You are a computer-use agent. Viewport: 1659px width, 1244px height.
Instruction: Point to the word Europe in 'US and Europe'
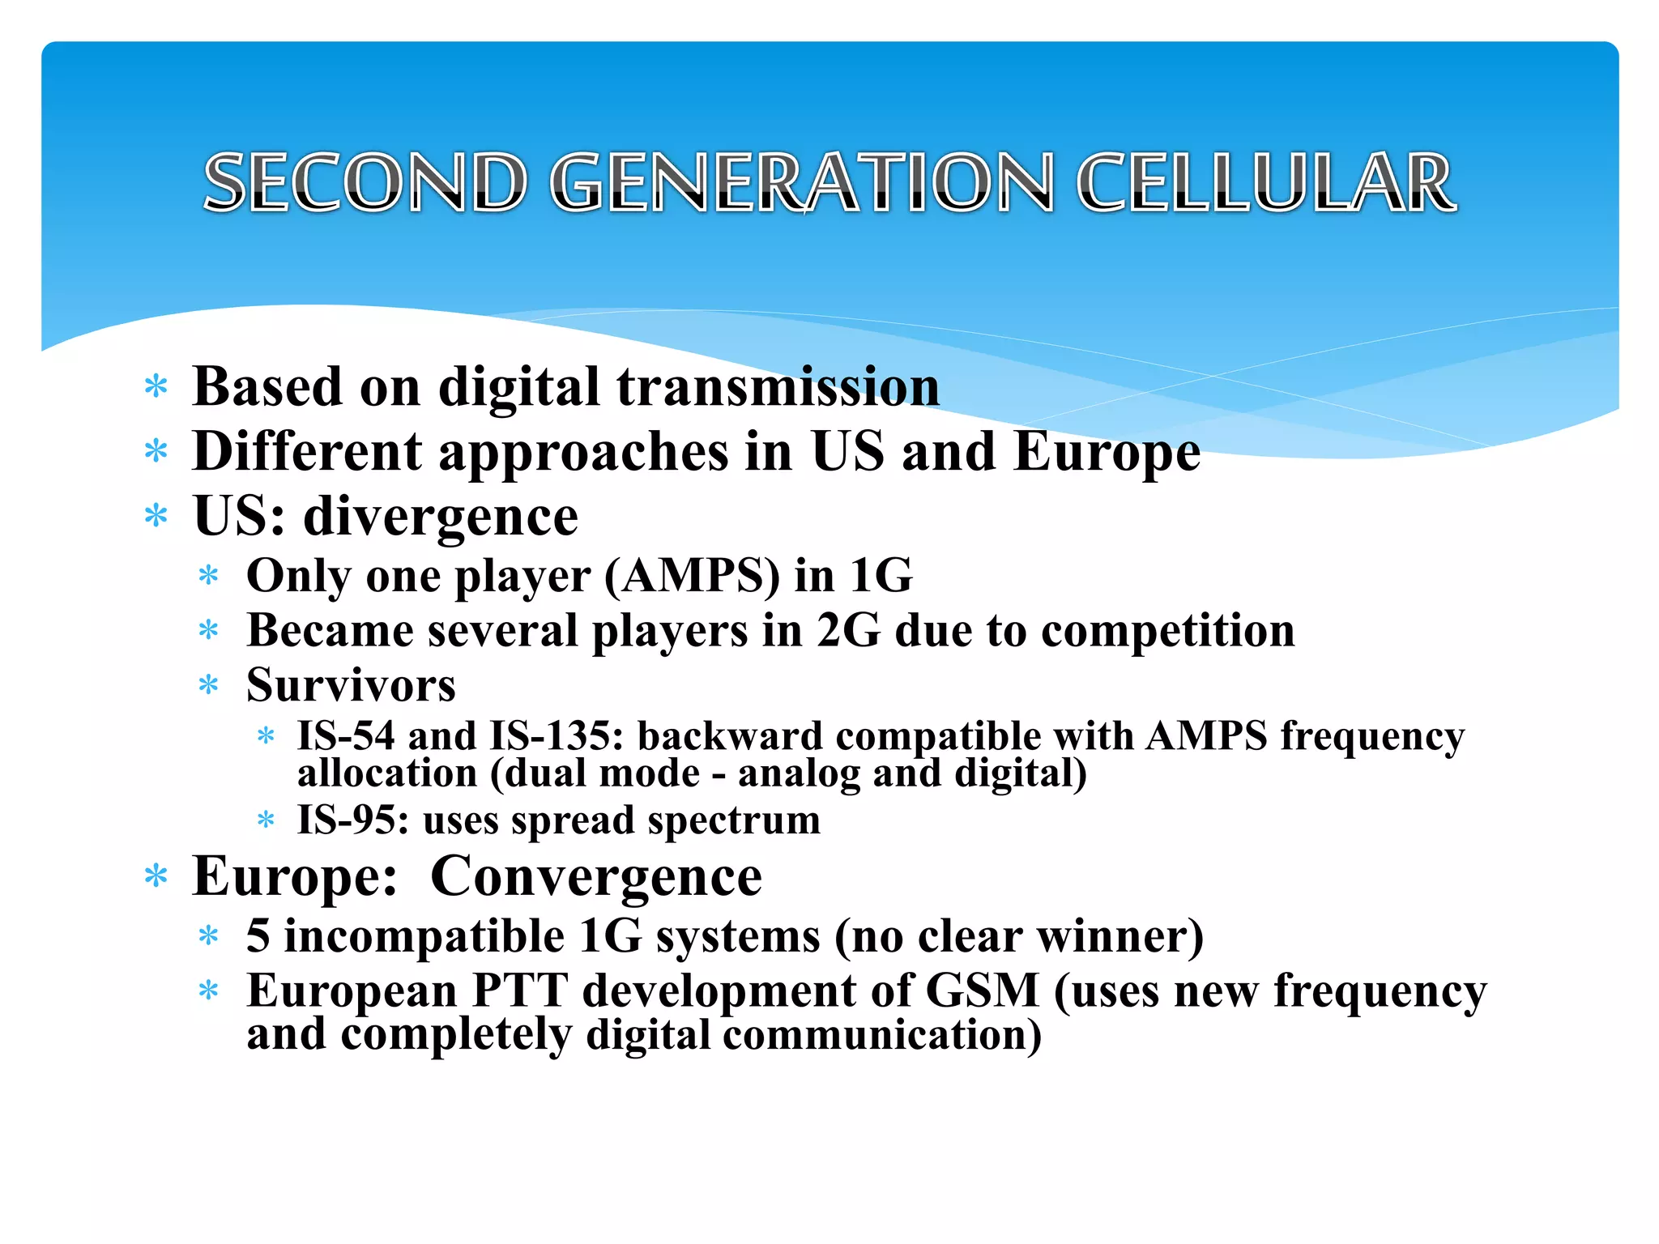(1107, 452)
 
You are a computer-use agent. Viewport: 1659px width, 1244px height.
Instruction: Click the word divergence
(441, 517)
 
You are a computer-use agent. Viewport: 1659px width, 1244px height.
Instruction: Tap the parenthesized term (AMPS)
(692, 576)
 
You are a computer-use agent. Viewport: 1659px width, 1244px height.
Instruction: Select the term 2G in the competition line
(848, 631)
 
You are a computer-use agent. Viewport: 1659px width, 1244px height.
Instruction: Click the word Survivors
(351, 686)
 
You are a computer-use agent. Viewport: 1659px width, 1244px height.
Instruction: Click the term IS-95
(352, 820)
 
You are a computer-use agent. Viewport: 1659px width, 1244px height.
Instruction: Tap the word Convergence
(596, 877)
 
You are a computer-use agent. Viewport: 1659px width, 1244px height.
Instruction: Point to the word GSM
(982, 991)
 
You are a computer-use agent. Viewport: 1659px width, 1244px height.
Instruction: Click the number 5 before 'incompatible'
(258, 936)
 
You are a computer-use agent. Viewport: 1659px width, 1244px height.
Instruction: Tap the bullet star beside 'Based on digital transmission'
(156, 387)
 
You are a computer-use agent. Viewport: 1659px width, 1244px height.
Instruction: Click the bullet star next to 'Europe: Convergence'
(156, 877)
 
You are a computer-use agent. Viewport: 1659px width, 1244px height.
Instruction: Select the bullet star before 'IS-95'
(266, 820)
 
